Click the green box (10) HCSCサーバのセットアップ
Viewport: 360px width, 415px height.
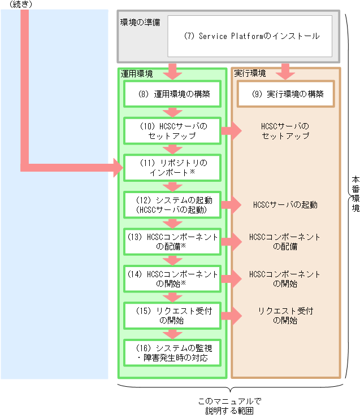tap(173, 131)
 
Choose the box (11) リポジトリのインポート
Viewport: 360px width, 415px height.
tap(173, 168)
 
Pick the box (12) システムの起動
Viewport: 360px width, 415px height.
tap(173, 204)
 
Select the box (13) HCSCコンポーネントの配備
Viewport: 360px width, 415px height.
tap(173, 242)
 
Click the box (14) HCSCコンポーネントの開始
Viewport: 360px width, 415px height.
tap(173, 278)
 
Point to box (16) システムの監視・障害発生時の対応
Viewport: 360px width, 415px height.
tap(173, 352)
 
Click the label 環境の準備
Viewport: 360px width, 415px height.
tap(140, 22)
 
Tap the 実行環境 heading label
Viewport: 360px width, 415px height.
tap(250, 74)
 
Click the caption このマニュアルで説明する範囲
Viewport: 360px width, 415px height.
tap(229, 407)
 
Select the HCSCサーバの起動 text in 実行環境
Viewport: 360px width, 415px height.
tap(285, 204)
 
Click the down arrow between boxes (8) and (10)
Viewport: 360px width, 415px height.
tap(173, 111)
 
